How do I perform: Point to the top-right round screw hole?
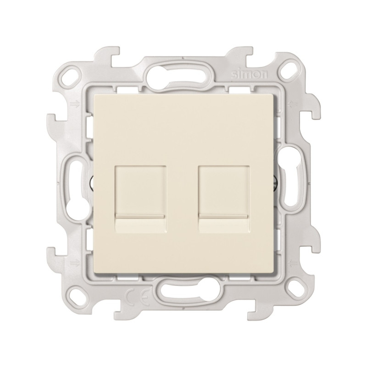point(293,68)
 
